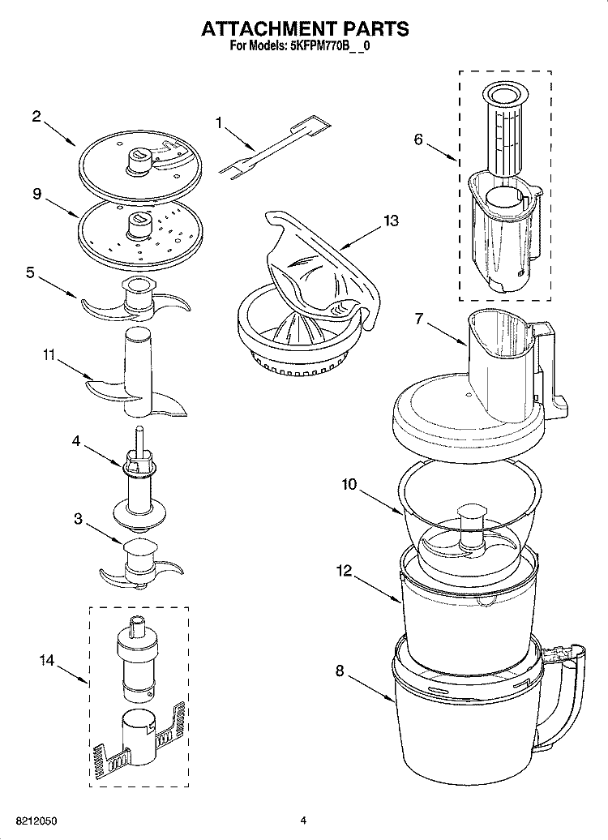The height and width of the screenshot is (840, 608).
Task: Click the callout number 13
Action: [391, 221]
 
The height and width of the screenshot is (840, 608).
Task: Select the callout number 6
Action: [418, 139]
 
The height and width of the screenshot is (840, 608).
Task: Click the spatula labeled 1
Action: [276, 146]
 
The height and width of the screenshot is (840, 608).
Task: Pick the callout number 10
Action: [349, 485]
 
